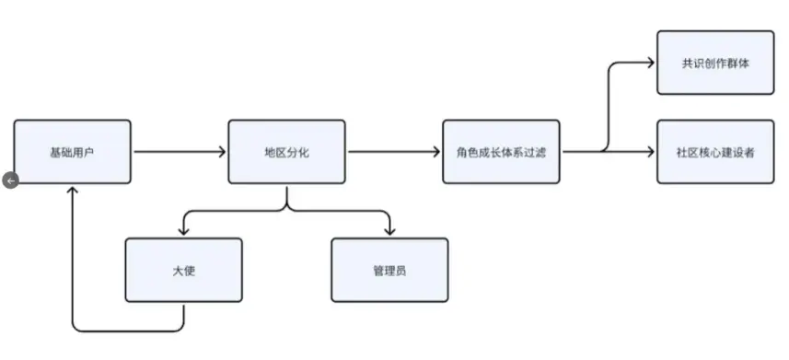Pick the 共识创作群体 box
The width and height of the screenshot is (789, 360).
[x=715, y=62]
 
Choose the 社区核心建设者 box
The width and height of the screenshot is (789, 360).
[x=715, y=151]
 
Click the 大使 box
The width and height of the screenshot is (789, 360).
[x=183, y=270]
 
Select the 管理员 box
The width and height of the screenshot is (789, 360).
[x=389, y=270]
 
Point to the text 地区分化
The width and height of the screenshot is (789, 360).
[x=286, y=152]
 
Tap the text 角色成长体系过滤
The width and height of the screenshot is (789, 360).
[x=501, y=152]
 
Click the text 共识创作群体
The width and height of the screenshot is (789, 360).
[x=715, y=62]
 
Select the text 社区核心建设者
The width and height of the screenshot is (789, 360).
[x=715, y=151]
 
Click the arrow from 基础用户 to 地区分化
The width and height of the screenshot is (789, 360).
[x=180, y=152]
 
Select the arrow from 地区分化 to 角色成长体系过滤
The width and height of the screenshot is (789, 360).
[x=394, y=152]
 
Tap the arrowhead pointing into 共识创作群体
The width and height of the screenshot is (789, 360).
[x=650, y=63]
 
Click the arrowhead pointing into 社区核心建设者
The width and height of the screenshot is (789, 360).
[x=650, y=151]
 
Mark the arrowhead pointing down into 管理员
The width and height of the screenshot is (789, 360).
[x=389, y=231]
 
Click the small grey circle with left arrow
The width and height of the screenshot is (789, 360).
[x=10, y=181]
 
